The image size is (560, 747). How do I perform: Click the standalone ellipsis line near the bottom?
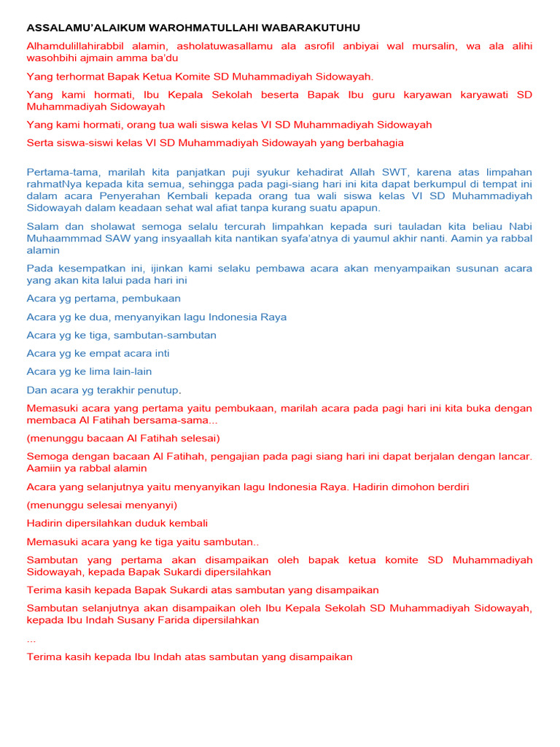31,639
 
